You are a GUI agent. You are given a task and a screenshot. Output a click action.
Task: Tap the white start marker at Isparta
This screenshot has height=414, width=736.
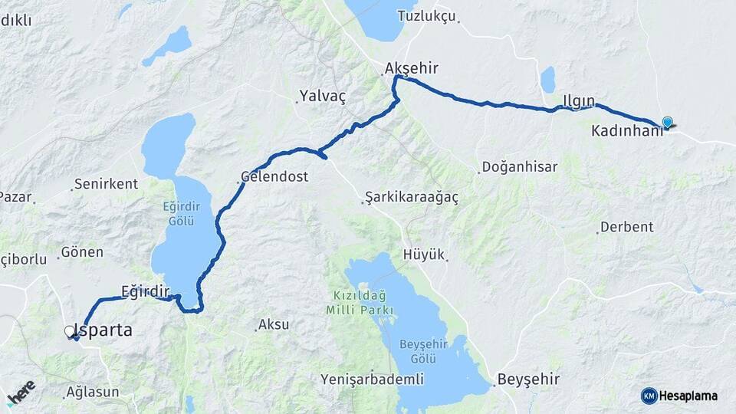click(x=70, y=331)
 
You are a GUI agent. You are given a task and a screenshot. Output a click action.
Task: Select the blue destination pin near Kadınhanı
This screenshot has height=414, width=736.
click(x=667, y=122)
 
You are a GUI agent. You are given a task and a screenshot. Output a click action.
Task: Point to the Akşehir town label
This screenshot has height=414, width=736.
click(x=412, y=68)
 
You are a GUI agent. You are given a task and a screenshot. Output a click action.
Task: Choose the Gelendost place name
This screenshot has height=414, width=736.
click(x=274, y=176)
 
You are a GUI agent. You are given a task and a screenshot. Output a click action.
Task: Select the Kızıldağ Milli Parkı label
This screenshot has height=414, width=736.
click(x=360, y=303)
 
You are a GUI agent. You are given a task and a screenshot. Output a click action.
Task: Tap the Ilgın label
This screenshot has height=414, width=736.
click(x=578, y=101)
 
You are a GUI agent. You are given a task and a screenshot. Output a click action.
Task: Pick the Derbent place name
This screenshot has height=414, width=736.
click(x=626, y=227)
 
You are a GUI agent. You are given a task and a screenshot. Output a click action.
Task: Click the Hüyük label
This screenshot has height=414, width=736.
click(x=424, y=255)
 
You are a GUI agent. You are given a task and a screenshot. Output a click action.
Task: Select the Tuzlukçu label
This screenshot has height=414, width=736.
click(x=427, y=16)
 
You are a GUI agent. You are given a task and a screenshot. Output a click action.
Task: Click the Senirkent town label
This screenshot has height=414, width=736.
click(x=107, y=184)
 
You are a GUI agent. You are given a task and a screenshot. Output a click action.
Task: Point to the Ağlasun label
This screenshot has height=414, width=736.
click(x=93, y=392)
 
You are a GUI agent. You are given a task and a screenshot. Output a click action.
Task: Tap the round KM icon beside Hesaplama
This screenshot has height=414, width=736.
click(x=649, y=396)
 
